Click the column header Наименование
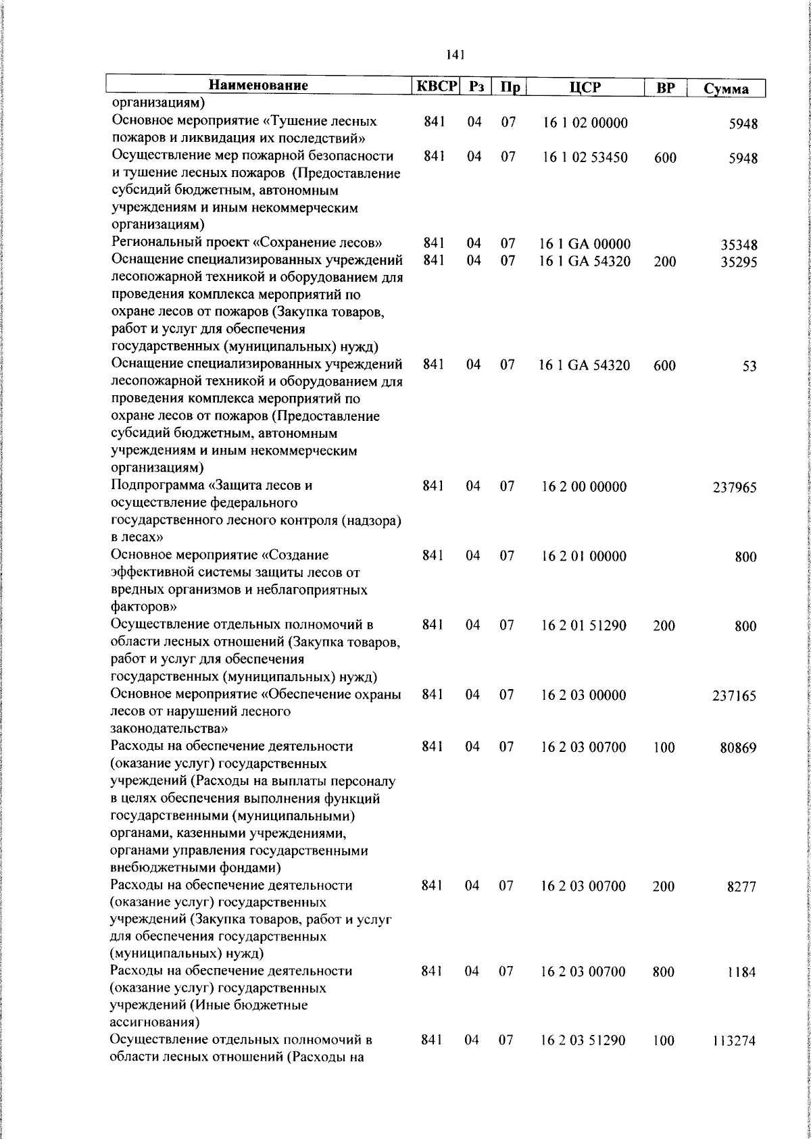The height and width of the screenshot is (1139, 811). [x=258, y=86]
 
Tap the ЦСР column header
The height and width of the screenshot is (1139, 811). [x=585, y=87]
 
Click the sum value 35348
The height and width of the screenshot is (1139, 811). [x=738, y=245]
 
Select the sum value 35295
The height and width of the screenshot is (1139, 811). [x=738, y=261]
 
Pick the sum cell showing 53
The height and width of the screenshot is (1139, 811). [x=749, y=366]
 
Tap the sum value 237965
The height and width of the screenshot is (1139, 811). [x=734, y=487]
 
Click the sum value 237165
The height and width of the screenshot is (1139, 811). [x=734, y=696]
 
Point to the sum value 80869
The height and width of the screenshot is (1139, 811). [x=737, y=748]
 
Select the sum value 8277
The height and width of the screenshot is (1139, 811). [x=741, y=886]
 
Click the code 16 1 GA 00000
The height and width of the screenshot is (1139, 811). [x=585, y=244]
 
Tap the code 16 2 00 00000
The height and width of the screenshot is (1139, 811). [x=584, y=486]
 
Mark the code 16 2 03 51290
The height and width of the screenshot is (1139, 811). [x=583, y=1040]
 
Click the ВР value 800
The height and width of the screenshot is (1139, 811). [x=664, y=971]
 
